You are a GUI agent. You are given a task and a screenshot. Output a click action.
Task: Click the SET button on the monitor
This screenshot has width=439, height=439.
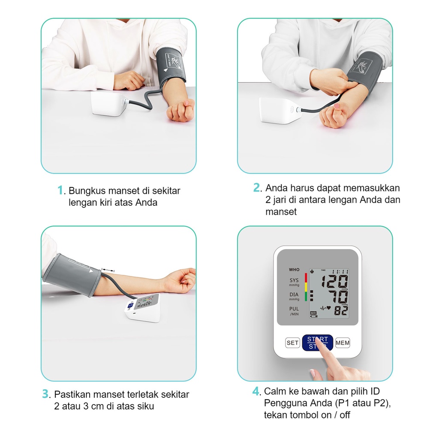coord(292,343)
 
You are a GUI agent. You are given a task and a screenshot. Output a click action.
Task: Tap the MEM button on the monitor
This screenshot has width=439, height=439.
coord(343,343)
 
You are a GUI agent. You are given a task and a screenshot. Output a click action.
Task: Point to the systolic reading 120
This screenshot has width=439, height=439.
coord(334,282)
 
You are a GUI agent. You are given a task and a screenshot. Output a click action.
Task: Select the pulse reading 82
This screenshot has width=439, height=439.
coord(341,311)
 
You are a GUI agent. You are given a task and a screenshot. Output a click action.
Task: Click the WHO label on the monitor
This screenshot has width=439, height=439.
coord(294,270)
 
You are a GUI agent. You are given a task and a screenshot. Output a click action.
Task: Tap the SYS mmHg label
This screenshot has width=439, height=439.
coord(294,282)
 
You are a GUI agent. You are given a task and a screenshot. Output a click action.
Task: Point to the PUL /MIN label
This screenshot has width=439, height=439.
coord(294,311)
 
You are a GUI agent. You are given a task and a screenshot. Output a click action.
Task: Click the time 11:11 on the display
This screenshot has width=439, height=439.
coord(340,271)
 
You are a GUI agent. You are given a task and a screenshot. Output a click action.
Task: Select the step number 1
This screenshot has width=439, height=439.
coord(60,190)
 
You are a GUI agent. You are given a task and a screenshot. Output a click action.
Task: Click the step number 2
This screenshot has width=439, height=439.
coord(256,188)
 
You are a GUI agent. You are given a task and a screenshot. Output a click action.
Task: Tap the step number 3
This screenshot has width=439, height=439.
coord(45,394)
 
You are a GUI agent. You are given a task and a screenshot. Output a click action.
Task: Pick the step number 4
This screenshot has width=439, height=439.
coord(256,391)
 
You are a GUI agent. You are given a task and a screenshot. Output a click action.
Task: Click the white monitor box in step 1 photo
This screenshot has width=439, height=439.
coord(109,104)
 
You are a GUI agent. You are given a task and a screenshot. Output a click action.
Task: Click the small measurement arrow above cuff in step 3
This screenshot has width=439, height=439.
coord(108,270)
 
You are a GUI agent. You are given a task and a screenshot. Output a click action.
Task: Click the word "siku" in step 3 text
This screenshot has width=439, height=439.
coord(144,406)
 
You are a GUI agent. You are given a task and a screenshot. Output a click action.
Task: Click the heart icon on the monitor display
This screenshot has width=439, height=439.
coord(329,307)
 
